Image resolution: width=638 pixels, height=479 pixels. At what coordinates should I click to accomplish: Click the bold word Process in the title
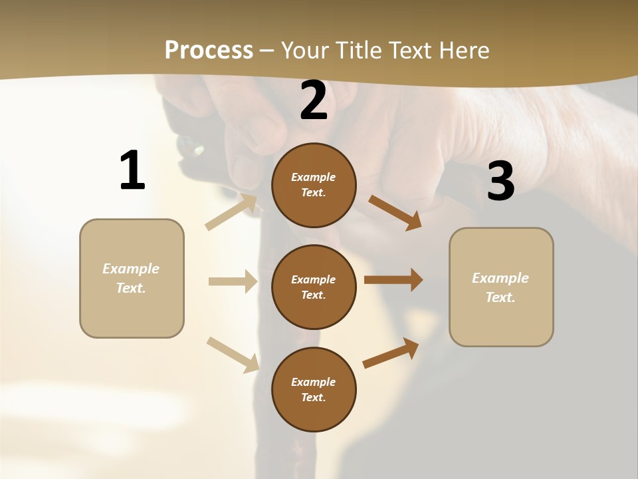coord(209,51)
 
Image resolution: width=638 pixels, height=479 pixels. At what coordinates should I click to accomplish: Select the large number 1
coord(132,171)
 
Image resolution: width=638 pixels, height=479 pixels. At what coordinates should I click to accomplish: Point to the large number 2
coord(314,100)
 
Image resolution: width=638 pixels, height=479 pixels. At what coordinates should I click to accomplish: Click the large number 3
coord(500,181)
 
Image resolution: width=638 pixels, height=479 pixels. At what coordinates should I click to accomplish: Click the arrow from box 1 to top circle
coord(231,212)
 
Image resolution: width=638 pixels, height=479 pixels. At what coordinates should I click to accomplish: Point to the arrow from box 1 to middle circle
coord(233,281)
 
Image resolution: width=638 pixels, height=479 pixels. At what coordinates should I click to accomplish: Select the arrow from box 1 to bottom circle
coord(233,355)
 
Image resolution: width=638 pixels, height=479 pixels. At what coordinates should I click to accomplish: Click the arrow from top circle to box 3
coord(395,212)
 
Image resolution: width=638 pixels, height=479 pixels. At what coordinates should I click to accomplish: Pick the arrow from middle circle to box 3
coord(393,280)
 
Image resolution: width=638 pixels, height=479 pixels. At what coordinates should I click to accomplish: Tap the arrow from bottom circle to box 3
coord(391,353)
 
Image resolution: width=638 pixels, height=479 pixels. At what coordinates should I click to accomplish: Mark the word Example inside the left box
coord(131,269)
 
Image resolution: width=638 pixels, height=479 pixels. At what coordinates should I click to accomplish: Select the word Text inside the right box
coord(499,297)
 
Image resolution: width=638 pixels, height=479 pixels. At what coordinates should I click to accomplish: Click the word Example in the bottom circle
coord(313,382)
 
